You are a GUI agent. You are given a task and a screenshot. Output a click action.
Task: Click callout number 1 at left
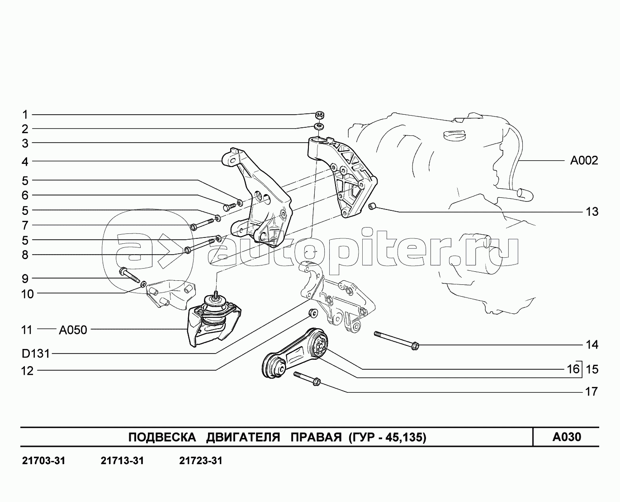(25, 115)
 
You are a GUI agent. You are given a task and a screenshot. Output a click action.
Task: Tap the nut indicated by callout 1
(320, 115)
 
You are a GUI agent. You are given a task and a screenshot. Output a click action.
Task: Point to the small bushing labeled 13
(372, 207)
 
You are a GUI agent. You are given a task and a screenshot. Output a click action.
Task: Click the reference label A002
(584, 160)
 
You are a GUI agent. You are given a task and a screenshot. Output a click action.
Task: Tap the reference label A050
(73, 330)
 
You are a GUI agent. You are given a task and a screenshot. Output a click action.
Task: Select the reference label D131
(36, 354)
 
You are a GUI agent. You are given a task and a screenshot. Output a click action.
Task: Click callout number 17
(592, 391)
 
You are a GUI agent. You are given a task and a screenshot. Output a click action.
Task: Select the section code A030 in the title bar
(567, 437)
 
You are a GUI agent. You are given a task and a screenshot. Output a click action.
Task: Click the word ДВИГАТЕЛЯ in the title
(243, 437)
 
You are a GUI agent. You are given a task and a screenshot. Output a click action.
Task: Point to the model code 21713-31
(122, 461)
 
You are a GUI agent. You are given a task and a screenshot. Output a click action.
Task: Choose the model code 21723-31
(201, 461)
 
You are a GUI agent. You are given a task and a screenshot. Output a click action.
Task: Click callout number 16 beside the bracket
(573, 369)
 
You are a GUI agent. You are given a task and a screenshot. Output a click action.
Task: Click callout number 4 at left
(25, 162)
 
